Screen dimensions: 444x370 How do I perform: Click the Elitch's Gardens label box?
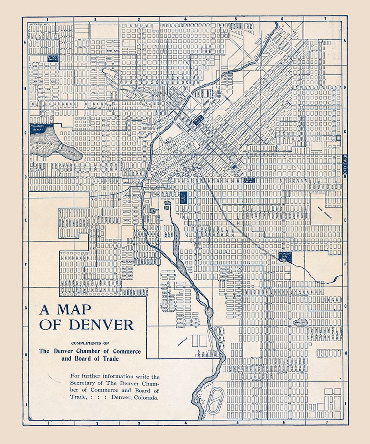click(x=53, y=58)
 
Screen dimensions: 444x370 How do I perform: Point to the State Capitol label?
click(x=249, y=180)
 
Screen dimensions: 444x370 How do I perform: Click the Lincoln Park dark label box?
click(x=183, y=198)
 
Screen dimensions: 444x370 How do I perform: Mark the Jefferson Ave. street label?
click(x=38, y=24)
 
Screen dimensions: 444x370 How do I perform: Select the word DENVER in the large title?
click(x=101, y=325)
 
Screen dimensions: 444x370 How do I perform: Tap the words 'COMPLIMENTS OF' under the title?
click(x=90, y=343)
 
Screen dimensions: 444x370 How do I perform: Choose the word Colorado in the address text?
click(x=146, y=398)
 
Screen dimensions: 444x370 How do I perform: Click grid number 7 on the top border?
click(x=326, y=20)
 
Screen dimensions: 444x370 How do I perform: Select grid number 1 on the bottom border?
click(x=49, y=423)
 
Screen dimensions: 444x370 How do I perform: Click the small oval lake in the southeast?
click(x=300, y=322)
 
